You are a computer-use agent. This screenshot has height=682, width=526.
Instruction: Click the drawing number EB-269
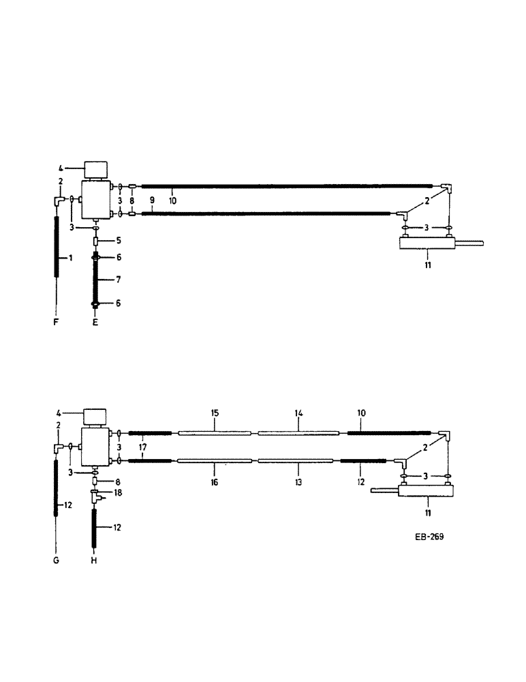click(429, 537)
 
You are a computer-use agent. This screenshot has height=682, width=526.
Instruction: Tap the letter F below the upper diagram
click(56, 322)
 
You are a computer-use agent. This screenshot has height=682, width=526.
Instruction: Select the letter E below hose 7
click(95, 322)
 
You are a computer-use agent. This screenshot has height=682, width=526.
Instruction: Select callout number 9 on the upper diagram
click(152, 201)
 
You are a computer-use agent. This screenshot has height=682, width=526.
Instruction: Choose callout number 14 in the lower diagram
click(298, 414)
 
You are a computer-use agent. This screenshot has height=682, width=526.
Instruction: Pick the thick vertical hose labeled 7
click(95, 280)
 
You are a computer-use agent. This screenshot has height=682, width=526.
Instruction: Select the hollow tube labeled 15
click(214, 432)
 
